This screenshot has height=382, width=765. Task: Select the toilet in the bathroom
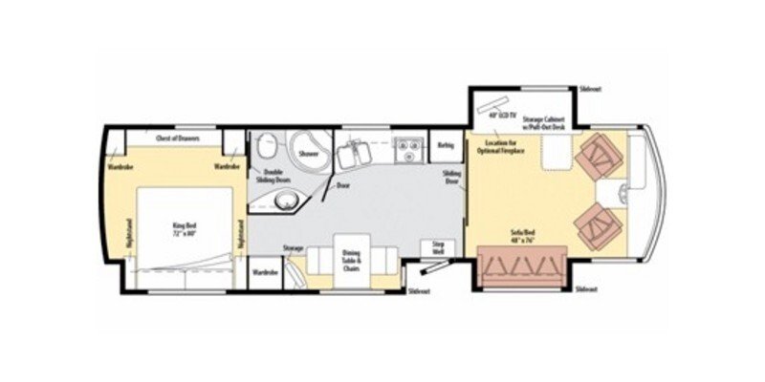tap(265, 146)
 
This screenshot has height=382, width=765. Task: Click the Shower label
tap(308, 153)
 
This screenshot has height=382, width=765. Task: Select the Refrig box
tap(445, 145)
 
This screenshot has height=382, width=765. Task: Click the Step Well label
tap(439, 248)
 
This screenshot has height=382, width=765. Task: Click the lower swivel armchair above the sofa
tap(596, 225)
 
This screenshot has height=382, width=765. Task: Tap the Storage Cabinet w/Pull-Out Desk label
tap(545, 124)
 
